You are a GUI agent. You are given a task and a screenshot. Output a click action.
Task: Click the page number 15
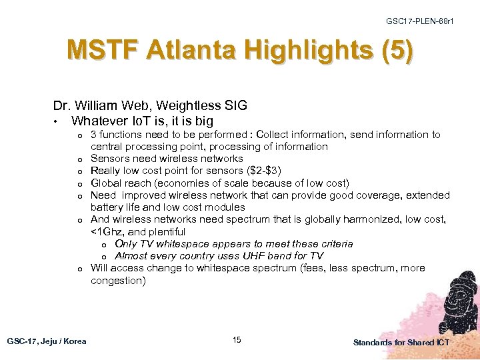tap(237, 341)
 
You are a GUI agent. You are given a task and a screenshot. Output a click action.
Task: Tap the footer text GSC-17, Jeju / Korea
tap(47, 341)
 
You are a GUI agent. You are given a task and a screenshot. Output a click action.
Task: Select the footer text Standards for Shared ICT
tap(401, 342)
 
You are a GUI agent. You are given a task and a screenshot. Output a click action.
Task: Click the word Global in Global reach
tap(106, 183)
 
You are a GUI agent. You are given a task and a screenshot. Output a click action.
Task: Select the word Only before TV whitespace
tap(127, 244)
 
